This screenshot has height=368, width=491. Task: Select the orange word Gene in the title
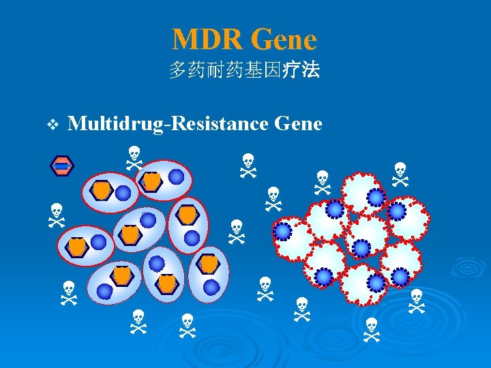(x=284, y=39)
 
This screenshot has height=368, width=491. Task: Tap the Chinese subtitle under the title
(x=244, y=70)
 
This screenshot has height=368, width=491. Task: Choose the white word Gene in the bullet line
(x=297, y=124)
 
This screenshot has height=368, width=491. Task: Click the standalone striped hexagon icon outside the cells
(x=61, y=166)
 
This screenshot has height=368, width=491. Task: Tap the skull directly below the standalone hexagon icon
(x=56, y=214)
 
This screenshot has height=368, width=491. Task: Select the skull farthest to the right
(x=417, y=301)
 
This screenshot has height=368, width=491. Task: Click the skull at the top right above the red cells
(x=400, y=174)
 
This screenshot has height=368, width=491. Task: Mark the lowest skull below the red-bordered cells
(x=371, y=329)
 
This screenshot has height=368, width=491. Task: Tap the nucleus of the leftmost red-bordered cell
(x=282, y=232)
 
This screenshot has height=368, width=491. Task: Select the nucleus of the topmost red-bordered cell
(x=376, y=197)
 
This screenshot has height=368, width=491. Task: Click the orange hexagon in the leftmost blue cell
(x=78, y=247)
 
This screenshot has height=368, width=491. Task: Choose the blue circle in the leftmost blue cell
(x=99, y=242)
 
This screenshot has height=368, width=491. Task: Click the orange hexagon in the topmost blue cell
(x=151, y=181)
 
